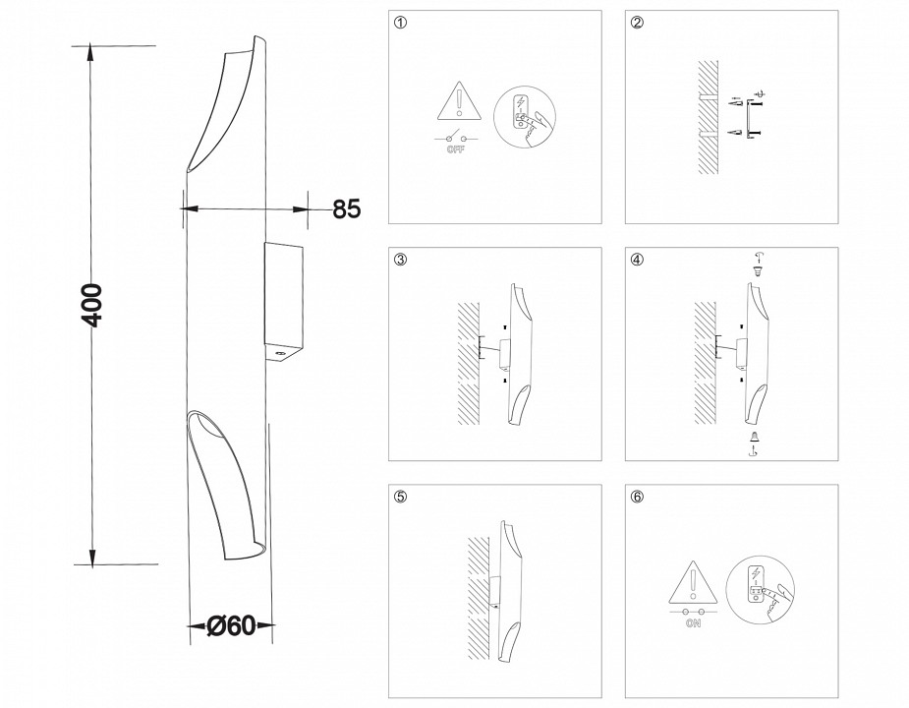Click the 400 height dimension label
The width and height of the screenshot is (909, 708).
click(x=91, y=305)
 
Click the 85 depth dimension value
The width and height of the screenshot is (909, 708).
click(x=347, y=208)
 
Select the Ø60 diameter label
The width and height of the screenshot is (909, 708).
click(x=232, y=625)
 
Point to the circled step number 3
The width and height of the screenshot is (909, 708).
click(x=399, y=261)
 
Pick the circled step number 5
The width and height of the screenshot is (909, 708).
click(x=399, y=497)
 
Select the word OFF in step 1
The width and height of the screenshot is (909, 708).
click(x=456, y=149)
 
